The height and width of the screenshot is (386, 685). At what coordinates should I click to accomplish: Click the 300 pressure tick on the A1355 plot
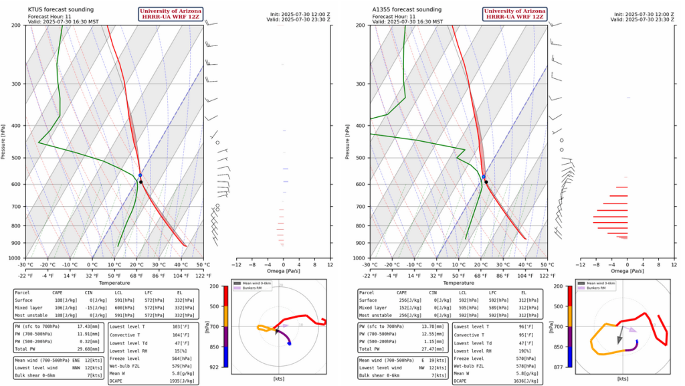click(x=362, y=84)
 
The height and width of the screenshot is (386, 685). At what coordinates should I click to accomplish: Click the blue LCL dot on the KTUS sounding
click(x=140, y=175)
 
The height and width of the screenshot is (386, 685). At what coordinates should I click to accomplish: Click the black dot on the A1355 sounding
click(x=486, y=181)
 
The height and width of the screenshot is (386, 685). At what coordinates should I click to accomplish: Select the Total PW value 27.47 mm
click(x=431, y=348)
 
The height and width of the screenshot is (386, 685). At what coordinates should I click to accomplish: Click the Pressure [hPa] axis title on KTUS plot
click(x=5, y=141)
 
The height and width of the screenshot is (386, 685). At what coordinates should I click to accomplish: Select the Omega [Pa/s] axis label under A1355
click(x=627, y=271)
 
